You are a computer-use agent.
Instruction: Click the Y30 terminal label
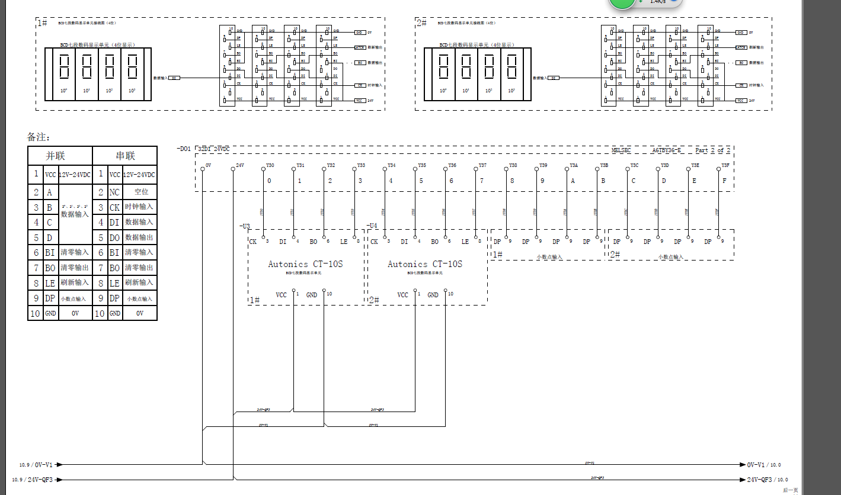[270, 165]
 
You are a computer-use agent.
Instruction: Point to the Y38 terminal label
[513, 165]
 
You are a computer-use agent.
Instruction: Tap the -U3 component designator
[245, 226]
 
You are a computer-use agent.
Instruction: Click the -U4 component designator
[372, 226]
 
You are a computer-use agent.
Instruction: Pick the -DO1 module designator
[184, 149]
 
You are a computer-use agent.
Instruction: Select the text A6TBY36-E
[667, 150]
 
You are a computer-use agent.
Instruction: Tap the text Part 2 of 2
[712, 150]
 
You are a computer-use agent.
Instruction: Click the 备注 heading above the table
[39, 137]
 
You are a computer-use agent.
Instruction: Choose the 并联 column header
[56, 156]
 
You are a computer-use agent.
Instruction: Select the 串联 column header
[125, 156]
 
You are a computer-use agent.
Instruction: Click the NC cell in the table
[114, 192]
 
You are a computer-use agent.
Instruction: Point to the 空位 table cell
[141, 192]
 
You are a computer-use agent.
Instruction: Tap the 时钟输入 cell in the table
[139, 207]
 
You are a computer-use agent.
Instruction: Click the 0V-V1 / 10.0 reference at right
[764, 465]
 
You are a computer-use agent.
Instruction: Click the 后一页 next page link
[790, 490]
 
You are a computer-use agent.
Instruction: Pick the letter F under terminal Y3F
[724, 181]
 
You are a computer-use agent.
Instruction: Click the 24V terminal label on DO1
[239, 165]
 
